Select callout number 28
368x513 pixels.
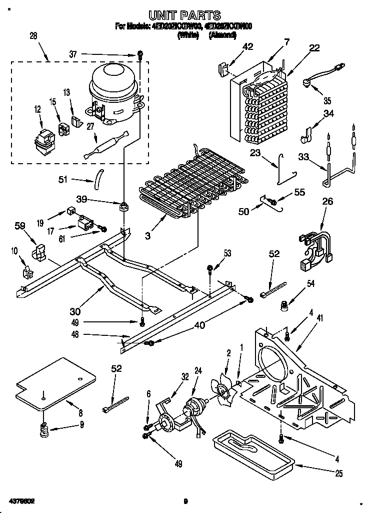point(33,36)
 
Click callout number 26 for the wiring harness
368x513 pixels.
point(327,202)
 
